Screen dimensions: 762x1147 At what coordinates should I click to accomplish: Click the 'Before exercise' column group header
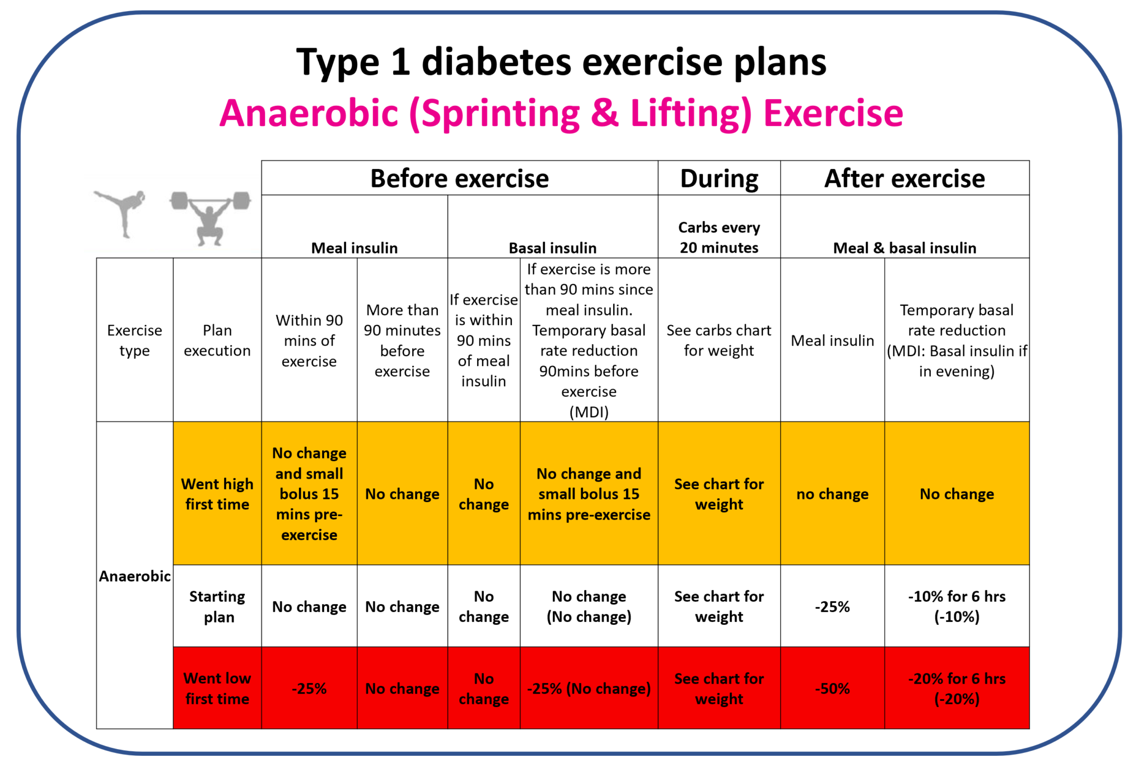[459, 179]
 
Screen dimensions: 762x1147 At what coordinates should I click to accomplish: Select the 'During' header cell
[719, 179]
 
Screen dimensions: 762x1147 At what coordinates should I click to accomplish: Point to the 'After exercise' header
[904, 179]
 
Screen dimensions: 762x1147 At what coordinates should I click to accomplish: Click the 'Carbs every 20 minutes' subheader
[719, 237]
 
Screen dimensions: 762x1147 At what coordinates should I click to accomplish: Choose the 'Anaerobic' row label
[134, 576]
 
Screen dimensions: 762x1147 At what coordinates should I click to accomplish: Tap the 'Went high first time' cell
[217, 494]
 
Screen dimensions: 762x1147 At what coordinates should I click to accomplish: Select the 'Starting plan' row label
[217, 606]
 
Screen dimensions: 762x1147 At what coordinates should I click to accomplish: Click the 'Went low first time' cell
[217, 688]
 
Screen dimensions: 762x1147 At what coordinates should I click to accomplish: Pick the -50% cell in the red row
[832, 688]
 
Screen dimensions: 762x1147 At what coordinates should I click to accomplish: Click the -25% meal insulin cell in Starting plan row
[832, 606]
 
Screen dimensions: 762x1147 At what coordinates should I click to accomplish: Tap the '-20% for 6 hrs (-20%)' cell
[957, 688]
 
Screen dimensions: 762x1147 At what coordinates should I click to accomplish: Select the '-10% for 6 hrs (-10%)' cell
[957, 606]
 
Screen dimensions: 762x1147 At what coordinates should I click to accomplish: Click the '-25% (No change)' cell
[589, 688]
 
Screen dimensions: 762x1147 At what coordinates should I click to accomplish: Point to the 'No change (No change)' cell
[589, 606]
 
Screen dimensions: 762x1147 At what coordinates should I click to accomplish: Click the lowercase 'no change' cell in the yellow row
[832, 494]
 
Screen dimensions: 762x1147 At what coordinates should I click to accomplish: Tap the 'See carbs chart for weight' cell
[719, 340]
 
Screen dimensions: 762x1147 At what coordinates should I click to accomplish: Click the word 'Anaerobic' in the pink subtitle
[309, 114]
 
